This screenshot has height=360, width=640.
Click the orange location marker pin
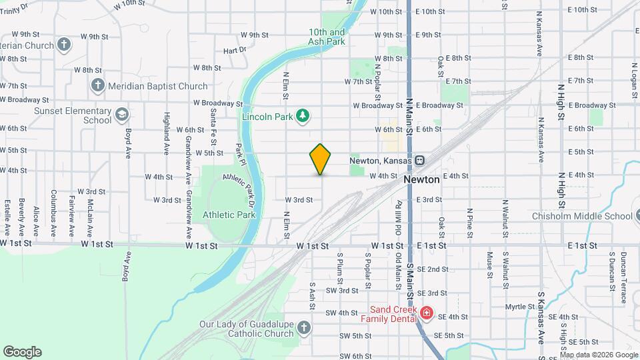pyautogui.click(x=320, y=159)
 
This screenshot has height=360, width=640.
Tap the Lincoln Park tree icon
pyautogui.click(x=303, y=115)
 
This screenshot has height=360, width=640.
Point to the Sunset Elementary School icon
pyautogui.click(x=122, y=115)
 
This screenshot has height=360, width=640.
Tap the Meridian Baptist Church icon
pyautogui.click(x=97, y=85)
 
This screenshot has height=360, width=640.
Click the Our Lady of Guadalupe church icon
pyautogui.click(x=304, y=327)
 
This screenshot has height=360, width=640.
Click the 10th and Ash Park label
pyautogui.click(x=327, y=37)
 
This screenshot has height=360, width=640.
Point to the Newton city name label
pyautogui.click(x=421, y=180)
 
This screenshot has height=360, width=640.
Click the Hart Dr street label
pyautogui.click(x=235, y=50)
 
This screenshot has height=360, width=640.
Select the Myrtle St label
pyautogui.click(x=516, y=307)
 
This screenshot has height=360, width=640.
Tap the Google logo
pyautogui.click(x=22, y=352)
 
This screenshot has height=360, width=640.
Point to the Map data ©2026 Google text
pyautogui.click(x=599, y=355)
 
